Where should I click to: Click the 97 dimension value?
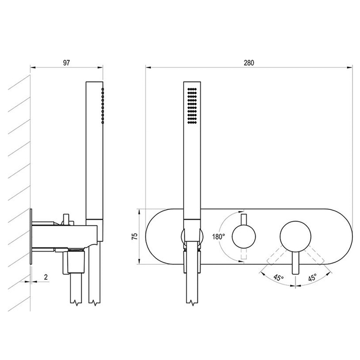66,63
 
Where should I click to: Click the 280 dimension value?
249,63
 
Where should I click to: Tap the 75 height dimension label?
135,236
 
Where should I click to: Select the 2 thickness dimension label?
46,277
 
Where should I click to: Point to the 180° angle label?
219,237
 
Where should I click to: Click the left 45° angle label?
279,278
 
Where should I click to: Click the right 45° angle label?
313,278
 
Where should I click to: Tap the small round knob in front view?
244,237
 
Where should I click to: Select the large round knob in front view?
296,237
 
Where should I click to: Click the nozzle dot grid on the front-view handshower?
192,106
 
